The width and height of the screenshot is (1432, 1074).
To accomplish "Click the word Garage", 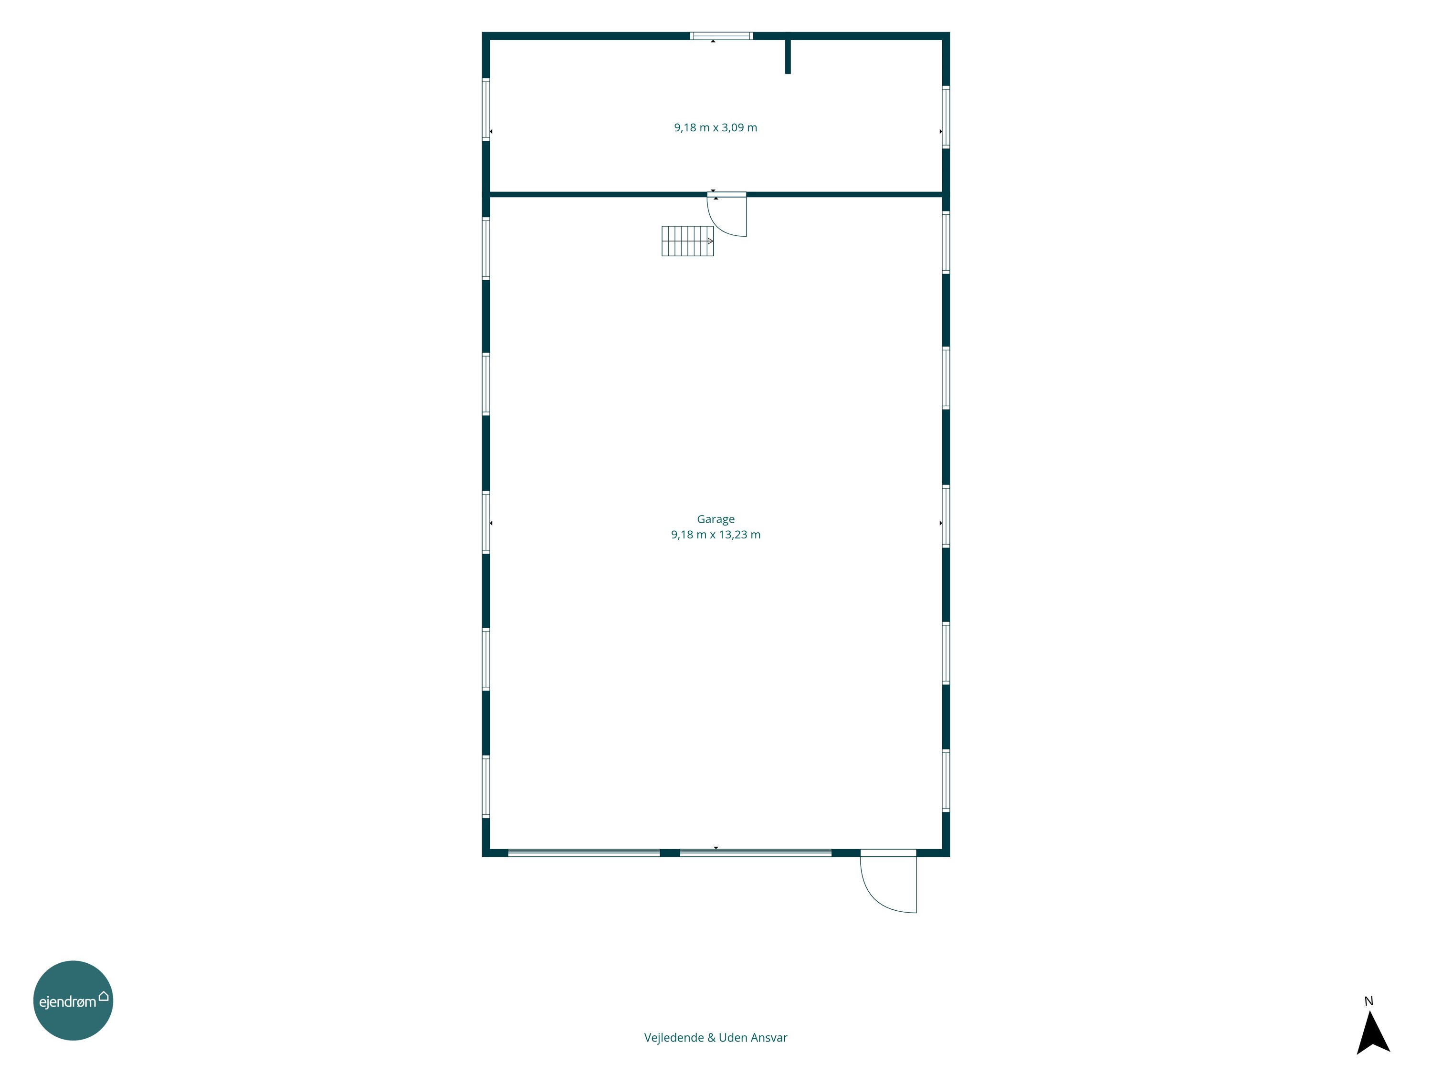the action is coord(716,519).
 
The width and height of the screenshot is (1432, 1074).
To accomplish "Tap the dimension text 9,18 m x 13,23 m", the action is coord(716,535).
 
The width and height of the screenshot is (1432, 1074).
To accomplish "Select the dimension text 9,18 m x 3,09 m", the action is coord(716,127).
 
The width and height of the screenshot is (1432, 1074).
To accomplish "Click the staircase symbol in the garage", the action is coord(687,241).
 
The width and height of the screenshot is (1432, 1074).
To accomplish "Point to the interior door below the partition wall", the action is coord(727,214).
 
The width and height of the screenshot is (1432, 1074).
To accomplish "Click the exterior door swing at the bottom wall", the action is coord(888,881).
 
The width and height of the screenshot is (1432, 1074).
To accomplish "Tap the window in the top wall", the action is coord(721,36).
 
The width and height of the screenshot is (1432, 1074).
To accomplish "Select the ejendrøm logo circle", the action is coord(73,1001).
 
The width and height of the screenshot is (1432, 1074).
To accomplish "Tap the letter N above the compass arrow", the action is coord(1369,1001).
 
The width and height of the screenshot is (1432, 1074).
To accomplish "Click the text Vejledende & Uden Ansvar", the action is coord(716,1038).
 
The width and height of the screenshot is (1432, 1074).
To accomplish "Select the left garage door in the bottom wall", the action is coord(584,853).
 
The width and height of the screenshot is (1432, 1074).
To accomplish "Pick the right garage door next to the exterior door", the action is coord(756,853).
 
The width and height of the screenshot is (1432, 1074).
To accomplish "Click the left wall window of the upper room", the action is coord(485,109).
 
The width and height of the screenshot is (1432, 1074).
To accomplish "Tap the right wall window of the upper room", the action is coord(946,117).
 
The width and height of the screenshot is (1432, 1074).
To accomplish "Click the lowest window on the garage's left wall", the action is coord(485,787).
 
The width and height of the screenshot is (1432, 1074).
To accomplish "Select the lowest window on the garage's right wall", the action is coord(946,781).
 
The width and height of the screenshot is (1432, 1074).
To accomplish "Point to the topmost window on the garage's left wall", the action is coord(485,249).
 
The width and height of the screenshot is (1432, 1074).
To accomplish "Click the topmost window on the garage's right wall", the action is coord(946,243).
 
